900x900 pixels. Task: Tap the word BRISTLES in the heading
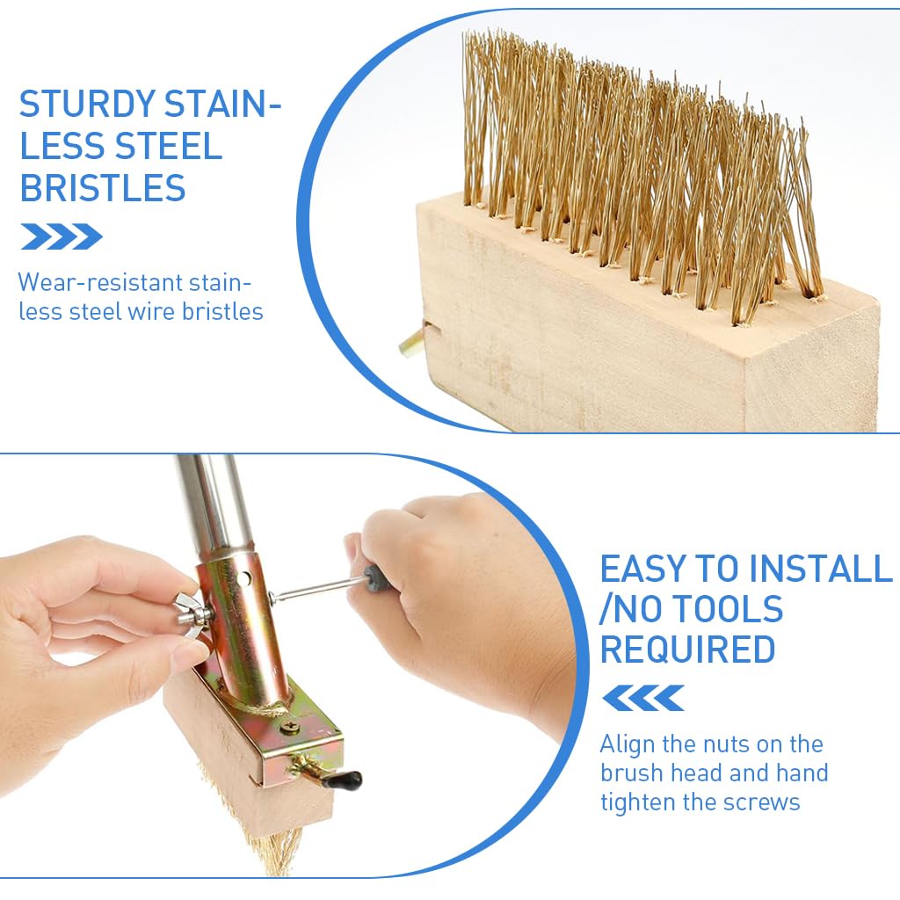pos(103,187)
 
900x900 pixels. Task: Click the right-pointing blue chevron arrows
pos(62,236)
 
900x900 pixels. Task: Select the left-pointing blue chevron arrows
pos(643,698)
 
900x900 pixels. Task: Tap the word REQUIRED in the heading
pos(687,650)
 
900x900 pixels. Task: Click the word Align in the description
pos(627,744)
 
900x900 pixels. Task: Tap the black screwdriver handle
pos(379,577)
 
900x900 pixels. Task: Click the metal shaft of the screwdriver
pos(316,589)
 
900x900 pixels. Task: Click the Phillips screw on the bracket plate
pos(294,726)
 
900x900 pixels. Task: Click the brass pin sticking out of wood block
pos(410,342)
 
